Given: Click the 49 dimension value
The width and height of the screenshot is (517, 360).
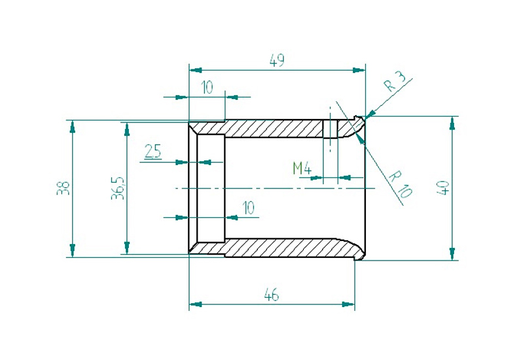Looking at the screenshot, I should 277,60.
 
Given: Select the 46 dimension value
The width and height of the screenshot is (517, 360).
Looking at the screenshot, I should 272,295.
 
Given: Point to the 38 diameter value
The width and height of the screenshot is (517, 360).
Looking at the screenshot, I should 63,189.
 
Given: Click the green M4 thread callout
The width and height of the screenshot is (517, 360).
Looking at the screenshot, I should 302,168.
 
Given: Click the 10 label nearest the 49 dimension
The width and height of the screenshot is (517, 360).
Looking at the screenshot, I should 207,88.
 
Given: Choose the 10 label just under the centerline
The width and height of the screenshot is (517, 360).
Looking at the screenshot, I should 248,208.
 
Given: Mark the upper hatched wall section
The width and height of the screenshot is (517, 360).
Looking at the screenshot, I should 275,128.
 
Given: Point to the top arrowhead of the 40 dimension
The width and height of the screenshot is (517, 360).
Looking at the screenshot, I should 452,122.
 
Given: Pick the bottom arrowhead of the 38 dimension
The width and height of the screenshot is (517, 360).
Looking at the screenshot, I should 72,252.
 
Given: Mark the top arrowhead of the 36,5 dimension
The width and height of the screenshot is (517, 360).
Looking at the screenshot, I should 126,127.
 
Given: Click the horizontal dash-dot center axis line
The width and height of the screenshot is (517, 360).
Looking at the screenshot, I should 275,189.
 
